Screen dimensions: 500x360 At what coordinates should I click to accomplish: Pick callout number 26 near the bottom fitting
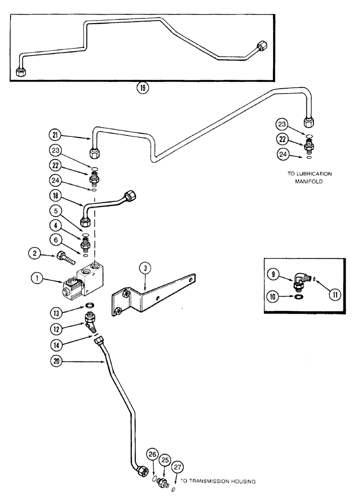pyautogui.click(x=152, y=454)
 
